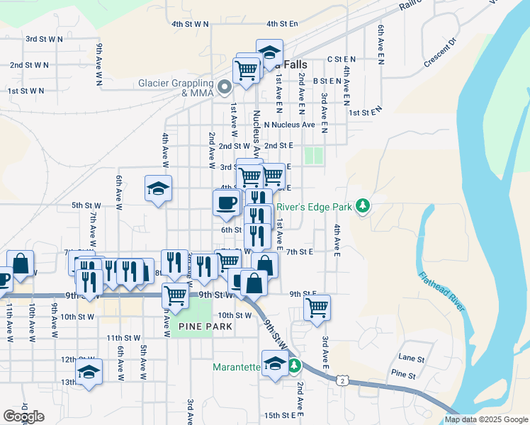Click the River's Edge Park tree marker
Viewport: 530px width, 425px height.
pos(363,206)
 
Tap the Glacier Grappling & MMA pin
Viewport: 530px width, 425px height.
pos(225,89)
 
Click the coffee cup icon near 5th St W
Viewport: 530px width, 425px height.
pos(226,203)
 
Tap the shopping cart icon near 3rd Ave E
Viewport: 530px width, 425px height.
pos(317,307)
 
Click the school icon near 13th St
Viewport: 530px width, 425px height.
pos(89,373)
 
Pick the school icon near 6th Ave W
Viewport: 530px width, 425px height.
pos(159,188)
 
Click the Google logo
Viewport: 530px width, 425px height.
pos(23,416)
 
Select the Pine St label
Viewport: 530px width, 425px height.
pos(402,373)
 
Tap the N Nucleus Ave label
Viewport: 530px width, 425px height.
pos(289,125)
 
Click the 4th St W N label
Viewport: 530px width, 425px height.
pos(190,23)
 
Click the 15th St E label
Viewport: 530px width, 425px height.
pos(278,415)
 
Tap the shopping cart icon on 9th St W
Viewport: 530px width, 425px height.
pos(175,295)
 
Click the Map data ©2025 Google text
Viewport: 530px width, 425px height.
pos(486,419)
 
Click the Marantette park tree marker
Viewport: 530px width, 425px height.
pos(293,367)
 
